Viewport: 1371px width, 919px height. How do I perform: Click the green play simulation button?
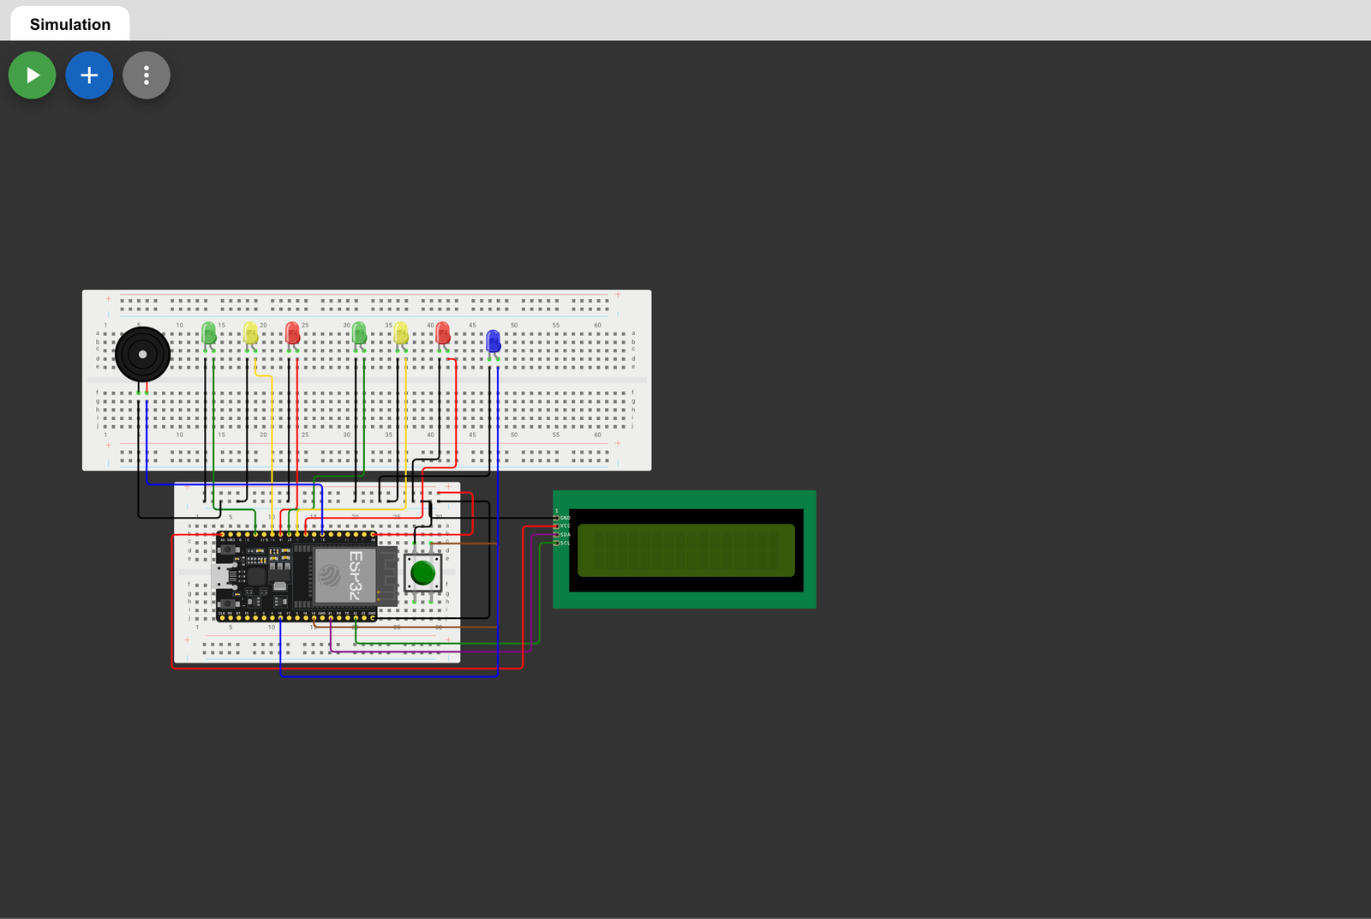click(33, 75)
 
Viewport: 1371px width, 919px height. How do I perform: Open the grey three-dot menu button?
click(147, 75)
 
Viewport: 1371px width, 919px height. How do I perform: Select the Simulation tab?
click(70, 24)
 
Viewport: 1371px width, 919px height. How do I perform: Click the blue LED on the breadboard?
click(493, 341)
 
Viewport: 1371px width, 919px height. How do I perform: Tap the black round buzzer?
click(142, 354)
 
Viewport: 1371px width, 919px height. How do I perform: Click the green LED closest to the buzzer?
click(208, 333)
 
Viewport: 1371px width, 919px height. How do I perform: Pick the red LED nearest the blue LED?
click(442, 333)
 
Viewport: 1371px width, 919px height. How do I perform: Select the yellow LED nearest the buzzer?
click(250, 333)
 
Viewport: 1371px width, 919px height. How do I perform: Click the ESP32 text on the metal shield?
click(356, 574)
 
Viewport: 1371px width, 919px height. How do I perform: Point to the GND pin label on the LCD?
click(565, 518)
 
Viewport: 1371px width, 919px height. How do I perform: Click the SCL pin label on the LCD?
click(565, 543)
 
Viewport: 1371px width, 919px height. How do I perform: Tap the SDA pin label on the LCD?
click(565, 535)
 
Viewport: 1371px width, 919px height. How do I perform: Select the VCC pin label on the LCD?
click(565, 526)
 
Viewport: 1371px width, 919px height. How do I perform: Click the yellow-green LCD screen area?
click(685, 550)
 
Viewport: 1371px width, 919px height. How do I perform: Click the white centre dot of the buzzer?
click(142, 354)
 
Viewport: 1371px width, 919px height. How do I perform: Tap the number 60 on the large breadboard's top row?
click(597, 326)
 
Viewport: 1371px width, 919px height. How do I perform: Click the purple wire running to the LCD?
click(531, 600)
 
